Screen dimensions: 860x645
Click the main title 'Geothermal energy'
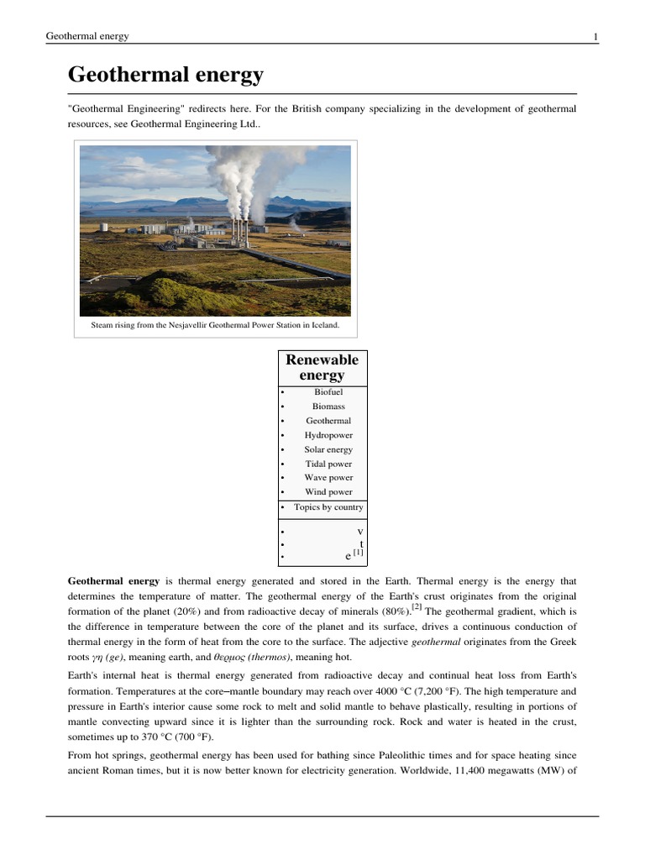(165, 76)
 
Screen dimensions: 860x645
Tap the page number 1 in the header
(595, 36)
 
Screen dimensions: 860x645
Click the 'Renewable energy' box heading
(322, 368)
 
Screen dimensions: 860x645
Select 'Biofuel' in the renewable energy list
(328, 392)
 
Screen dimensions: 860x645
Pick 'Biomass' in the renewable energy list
(328, 406)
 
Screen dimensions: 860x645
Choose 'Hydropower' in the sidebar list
(328, 435)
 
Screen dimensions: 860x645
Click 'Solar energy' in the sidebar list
(328, 449)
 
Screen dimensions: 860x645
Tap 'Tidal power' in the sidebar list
(328, 464)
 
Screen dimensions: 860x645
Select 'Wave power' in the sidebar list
(328, 478)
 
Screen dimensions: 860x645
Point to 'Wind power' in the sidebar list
(328, 492)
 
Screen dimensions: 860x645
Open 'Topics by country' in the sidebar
(328, 507)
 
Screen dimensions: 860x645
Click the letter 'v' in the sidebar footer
(359, 531)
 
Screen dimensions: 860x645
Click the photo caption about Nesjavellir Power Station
(215, 325)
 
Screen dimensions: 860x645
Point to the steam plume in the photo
(244, 176)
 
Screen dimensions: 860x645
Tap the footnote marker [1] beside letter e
(358, 553)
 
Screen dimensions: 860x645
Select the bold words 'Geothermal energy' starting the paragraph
(113, 581)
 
